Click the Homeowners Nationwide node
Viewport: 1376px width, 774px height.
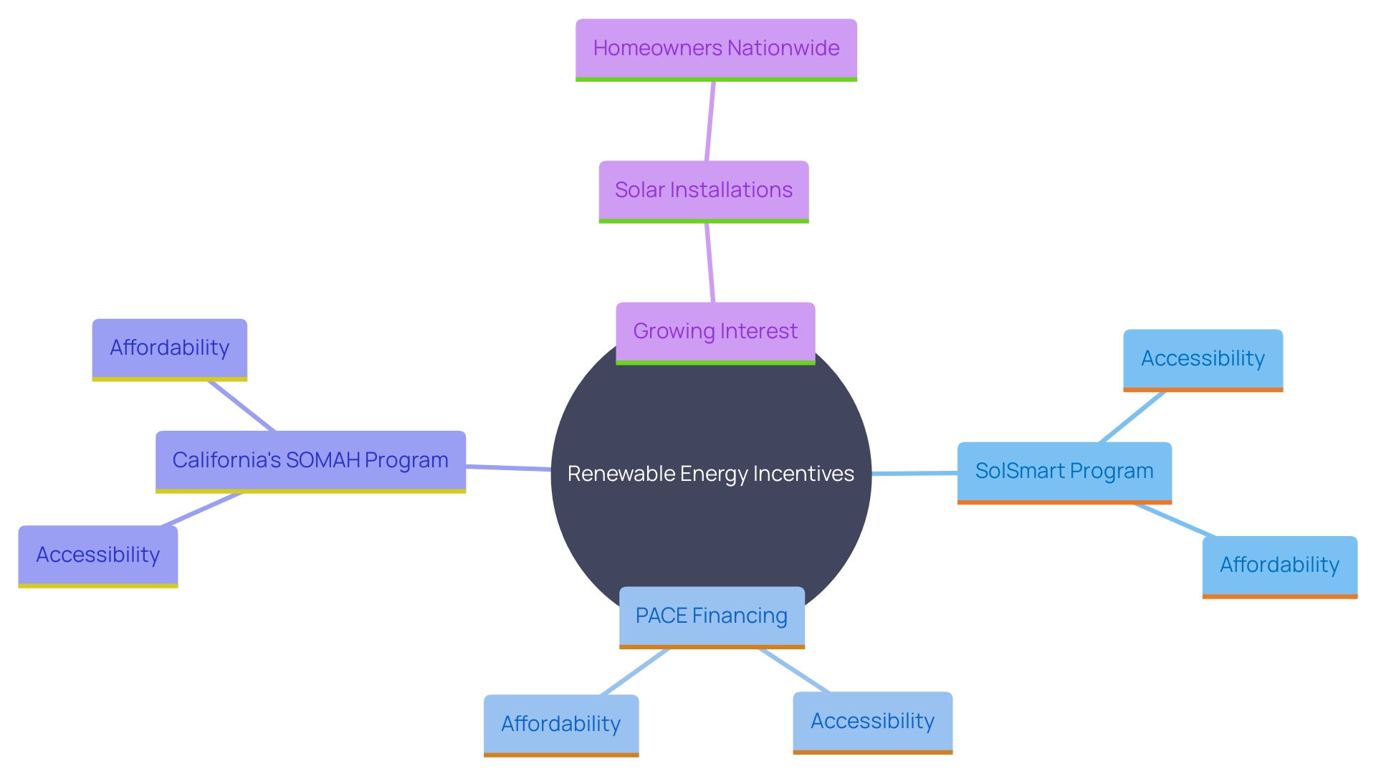click(716, 49)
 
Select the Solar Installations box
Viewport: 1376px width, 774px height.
click(704, 191)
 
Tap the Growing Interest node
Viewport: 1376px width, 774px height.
click(715, 332)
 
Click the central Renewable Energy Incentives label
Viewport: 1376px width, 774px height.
click(711, 474)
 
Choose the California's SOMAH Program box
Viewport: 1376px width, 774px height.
click(310, 460)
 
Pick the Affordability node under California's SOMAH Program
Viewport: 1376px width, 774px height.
click(170, 348)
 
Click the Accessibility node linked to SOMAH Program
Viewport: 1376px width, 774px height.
click(98, 555)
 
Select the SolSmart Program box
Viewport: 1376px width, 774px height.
click(1064, 472)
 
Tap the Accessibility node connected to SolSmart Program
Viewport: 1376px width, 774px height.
click(1203, 359)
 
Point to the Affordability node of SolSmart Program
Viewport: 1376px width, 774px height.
click(1279, 565)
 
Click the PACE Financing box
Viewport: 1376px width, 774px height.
click(712, 616)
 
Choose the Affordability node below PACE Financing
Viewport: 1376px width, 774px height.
click(561, 725)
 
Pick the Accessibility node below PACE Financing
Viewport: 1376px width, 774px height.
click(872, 722)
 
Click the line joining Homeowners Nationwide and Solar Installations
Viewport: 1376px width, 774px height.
click(710, 120)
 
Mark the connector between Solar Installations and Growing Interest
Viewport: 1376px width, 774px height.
click(709, 262)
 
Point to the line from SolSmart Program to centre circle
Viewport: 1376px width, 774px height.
click(914, 473)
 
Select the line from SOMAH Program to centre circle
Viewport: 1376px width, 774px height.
click(508, 468)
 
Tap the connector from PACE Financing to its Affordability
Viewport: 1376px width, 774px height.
click(635, 672)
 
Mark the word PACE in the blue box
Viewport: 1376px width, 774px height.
click(661, 616)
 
